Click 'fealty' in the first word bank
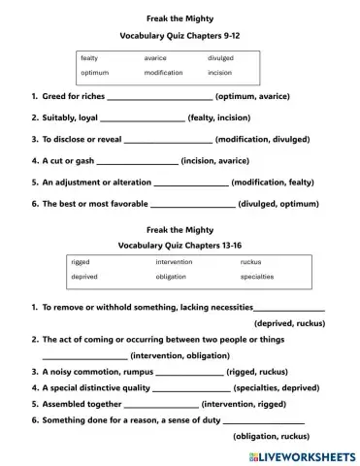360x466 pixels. tap(89, 58)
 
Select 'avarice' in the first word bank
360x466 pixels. tap(156, 58)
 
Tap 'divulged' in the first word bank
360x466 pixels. tap(220, 58)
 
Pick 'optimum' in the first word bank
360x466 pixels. tap(94, 73)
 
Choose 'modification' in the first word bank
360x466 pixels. tap(163, 73)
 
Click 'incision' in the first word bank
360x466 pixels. tap(219, 73)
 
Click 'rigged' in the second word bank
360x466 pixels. tap(81, 262)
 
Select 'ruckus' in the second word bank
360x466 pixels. tap(250, 262)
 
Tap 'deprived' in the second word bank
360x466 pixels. tap(84, 277)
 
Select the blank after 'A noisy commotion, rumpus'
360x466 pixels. tap(182, 372)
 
